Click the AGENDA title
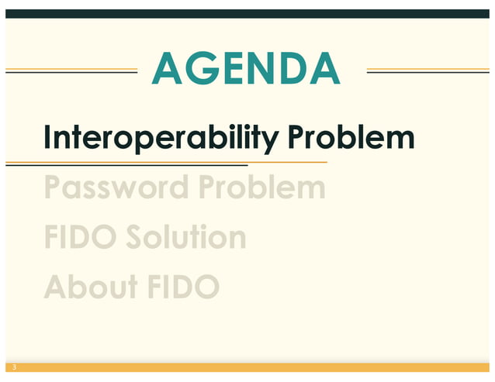[x=246, y=69]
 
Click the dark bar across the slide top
[x=247, y=13]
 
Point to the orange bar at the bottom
[x=247, y=367]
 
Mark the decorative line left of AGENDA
[x=71, y=71]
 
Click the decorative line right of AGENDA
[x=427, y=71]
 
